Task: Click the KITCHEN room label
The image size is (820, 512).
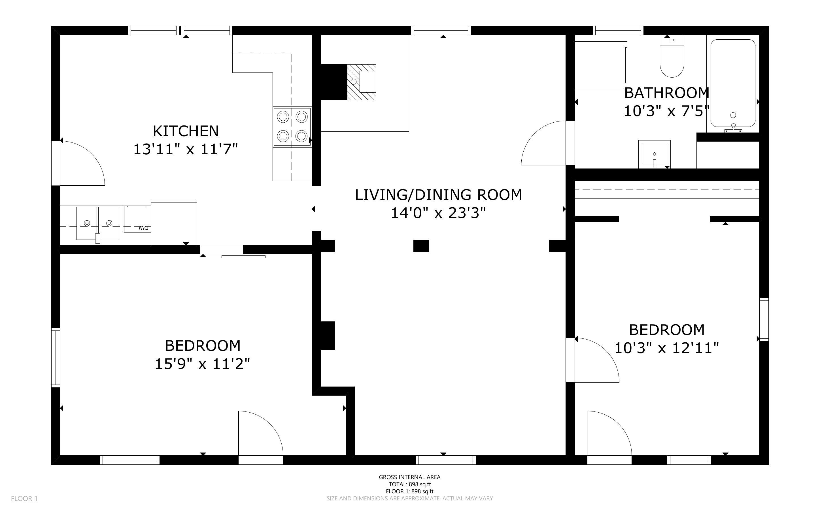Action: point(186,131)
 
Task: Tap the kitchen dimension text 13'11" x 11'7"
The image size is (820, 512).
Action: point(186,149)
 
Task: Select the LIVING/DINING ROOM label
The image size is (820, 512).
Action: point(438,195)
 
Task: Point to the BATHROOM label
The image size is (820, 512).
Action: point(666,93)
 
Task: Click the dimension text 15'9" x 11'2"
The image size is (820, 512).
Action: point(203,364)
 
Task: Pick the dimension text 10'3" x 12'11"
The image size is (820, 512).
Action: point(666,348)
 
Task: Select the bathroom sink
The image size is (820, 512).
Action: point(654,154)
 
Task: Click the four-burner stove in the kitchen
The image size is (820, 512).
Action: point(292,127)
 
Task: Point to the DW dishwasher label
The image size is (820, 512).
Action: point(144,228)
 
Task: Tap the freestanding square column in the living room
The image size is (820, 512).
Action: point(421,246)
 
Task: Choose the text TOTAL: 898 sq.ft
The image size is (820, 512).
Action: point(409,484)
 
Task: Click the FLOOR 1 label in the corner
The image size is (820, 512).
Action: point(24,498)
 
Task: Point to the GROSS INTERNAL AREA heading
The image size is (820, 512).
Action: point(409,477)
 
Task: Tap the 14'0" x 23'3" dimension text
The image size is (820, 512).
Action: point(438,213)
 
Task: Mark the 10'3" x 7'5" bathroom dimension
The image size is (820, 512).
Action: point(666,111)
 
